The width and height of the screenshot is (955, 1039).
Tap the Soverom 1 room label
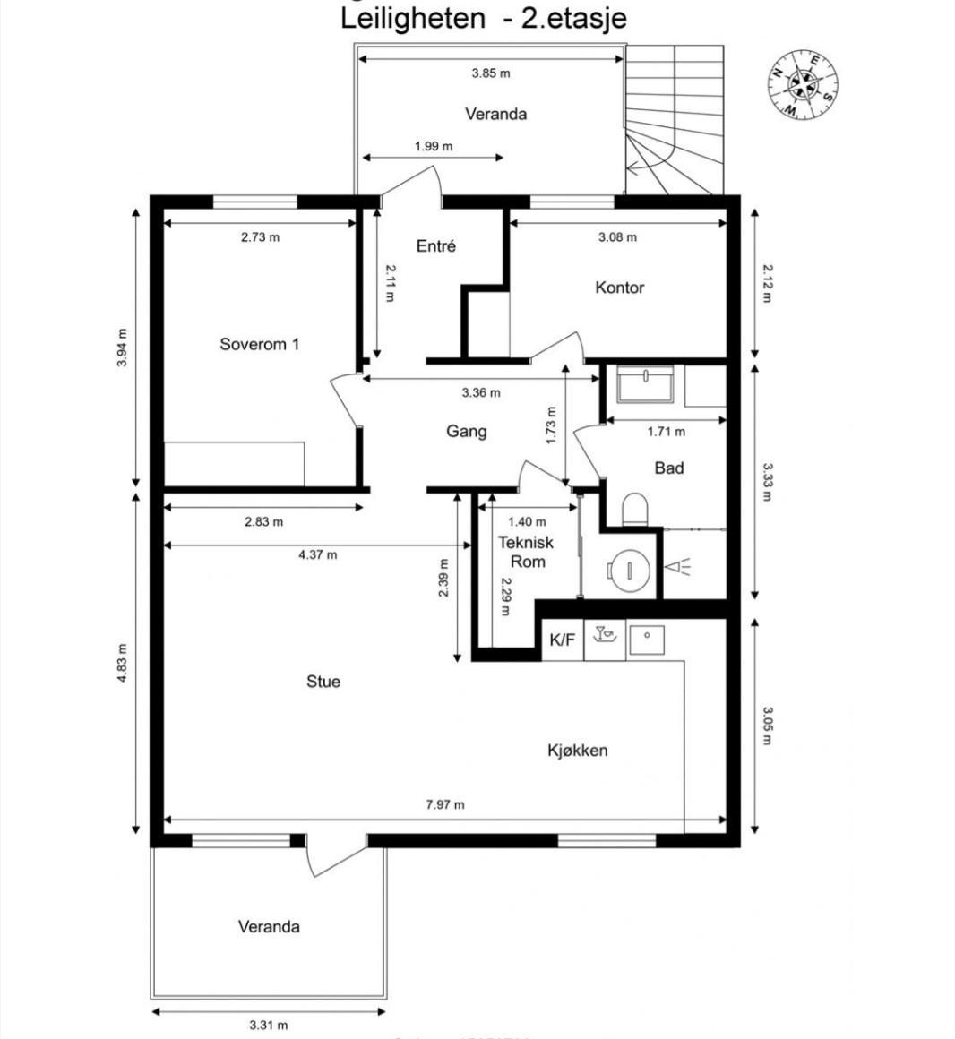tap(260, 344)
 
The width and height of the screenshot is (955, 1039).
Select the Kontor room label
tap(619, 288)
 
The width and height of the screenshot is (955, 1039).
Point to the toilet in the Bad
tap(635, 509)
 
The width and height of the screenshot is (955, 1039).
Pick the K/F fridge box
tap(563, 640)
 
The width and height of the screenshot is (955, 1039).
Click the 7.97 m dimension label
tap(444, 804)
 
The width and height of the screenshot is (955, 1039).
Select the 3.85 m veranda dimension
tap(491, 73)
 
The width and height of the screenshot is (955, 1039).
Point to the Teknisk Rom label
tap(526, 552)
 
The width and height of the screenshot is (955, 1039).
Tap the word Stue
tap(323, 682)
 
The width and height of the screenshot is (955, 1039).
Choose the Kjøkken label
tap(577, 751)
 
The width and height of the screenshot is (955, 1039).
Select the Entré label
tap(436, 246)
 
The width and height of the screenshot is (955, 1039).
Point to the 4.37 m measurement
tap(317, 554)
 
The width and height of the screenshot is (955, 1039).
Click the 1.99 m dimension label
tap(434, 146)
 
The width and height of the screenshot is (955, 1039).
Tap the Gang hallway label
tap(467, 432)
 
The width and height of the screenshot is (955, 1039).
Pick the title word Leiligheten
tap(412, 18)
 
